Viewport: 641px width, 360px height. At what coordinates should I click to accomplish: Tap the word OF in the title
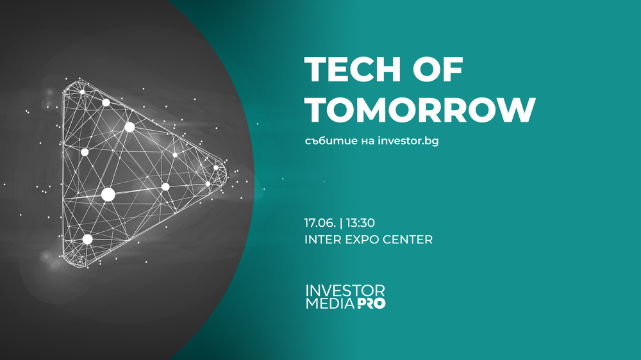pos(442,69)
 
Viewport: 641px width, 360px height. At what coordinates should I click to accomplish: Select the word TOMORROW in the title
pos(420,110)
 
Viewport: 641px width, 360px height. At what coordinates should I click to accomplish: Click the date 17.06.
pos(321,223)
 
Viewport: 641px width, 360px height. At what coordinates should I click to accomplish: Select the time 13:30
pos(361,223)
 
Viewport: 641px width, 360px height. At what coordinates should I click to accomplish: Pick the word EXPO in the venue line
pos(363,240)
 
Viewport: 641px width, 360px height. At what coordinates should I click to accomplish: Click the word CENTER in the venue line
pos(410,240)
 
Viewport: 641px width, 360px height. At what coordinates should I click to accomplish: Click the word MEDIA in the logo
pos(329,303)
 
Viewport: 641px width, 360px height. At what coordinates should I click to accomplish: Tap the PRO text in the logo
pos(371,303)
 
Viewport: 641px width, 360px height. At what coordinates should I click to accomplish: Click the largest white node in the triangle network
pos(108,193)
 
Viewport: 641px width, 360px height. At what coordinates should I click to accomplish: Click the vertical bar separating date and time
pos(342,223)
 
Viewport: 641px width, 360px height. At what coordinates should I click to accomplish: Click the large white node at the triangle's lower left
pos(87,239)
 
